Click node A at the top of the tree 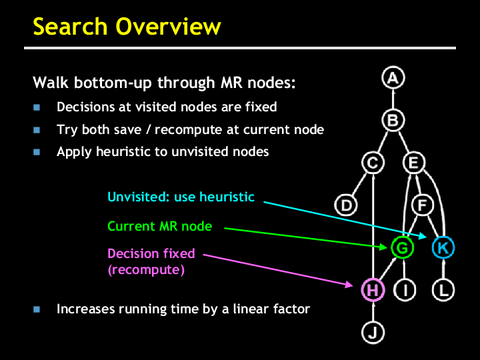393,78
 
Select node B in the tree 393,121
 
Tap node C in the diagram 373,163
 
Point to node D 345,205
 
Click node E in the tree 413,163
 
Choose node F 421,205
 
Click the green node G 402,248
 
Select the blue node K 443,248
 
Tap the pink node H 373,290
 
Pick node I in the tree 405,290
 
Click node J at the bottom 373,331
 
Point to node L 443,290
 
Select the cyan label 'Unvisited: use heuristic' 181,197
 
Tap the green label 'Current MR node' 160,227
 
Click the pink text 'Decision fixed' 151,253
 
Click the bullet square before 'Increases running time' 37,309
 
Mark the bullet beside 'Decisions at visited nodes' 37,107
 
